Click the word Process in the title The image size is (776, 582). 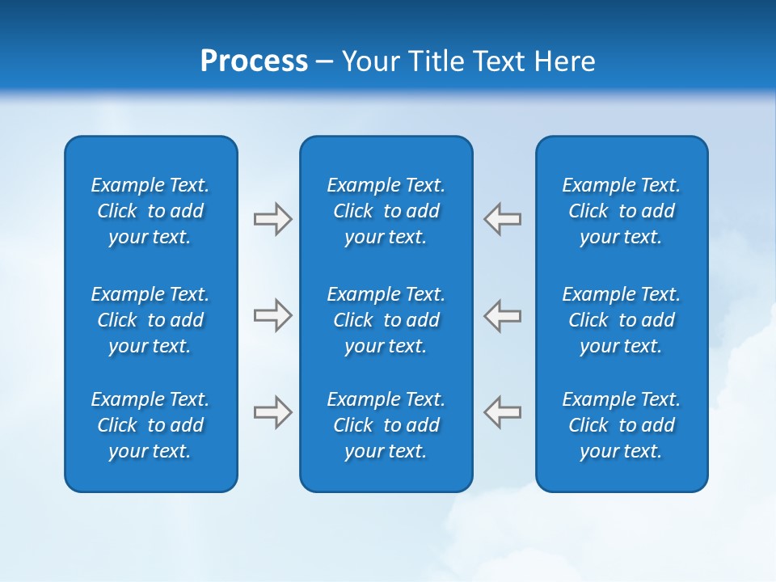[254, 61]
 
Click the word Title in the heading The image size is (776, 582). [435, 61]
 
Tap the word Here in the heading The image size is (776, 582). [563, 61]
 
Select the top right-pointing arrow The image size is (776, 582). [272, 219]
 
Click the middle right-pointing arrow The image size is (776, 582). [272, 315]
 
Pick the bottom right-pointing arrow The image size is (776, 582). [272, 412]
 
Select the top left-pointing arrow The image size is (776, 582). [503, 219]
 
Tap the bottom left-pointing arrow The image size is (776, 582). [503, 411]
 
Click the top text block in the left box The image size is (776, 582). [150, 211]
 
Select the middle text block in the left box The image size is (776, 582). [150, 320]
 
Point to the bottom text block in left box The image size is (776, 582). [150, 425]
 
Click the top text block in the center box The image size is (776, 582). [386, 211]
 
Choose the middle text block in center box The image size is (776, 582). [386, 320]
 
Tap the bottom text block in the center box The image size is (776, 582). [386, 425]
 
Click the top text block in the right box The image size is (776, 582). [622, 211]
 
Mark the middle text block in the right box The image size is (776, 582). [622, 320]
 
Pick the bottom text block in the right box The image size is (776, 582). [622, 425]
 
